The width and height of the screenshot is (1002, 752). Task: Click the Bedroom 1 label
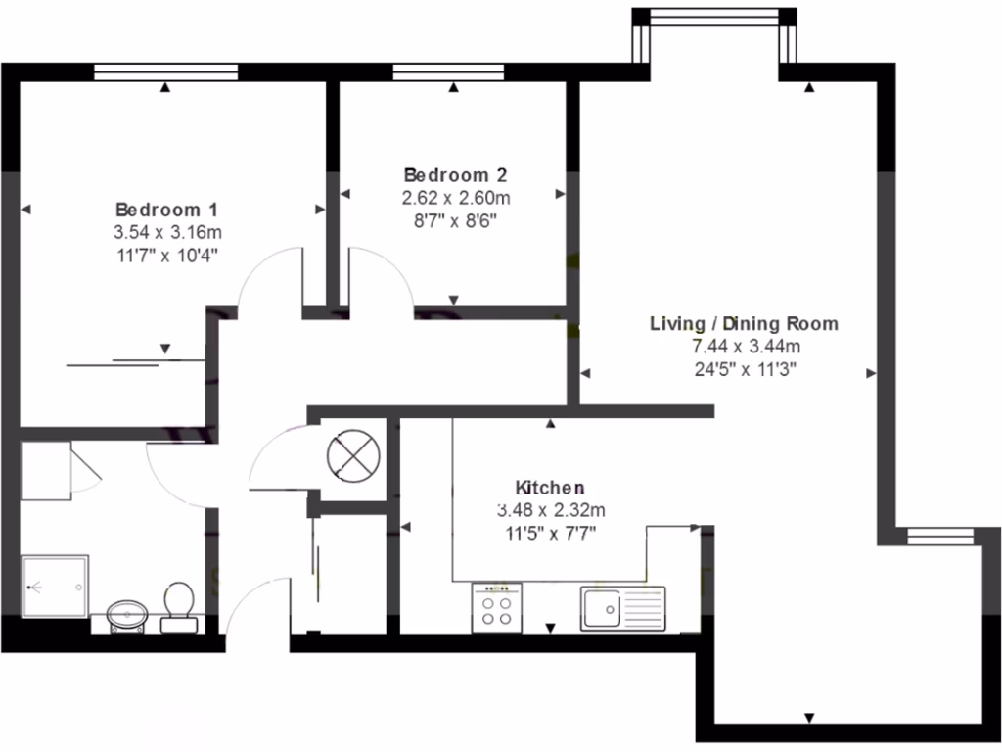tap(166, 210)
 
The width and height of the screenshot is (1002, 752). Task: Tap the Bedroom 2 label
tap(455, 175)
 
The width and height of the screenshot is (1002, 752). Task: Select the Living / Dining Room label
tap(745, 323)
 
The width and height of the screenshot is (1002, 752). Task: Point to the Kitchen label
tap(550, 487)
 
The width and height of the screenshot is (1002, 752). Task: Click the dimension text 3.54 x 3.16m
tap(166, 233)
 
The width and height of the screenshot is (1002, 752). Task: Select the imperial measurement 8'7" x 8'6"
tap(455, 221)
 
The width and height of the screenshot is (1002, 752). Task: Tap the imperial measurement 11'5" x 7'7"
tap(550, 533)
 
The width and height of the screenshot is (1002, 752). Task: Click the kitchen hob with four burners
tap(496, 607)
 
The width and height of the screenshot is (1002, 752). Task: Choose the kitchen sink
tap(621, 607)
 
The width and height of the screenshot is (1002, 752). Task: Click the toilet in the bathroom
tap(178, 600)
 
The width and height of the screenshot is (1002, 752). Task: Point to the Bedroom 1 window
tap(165, 71)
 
